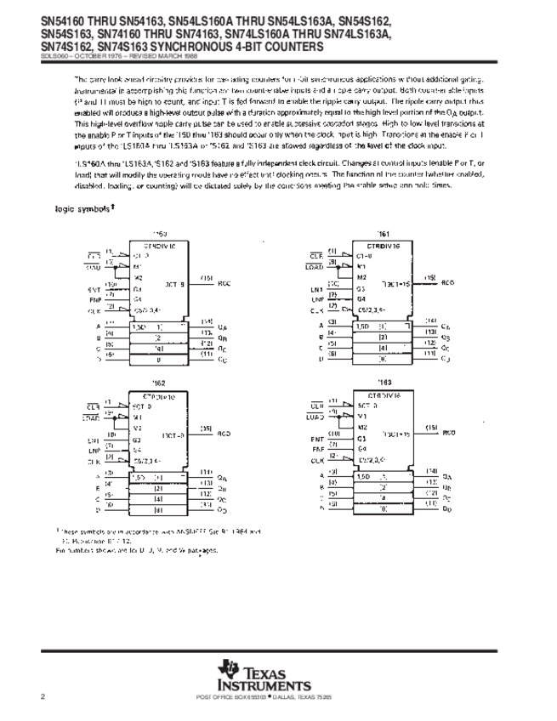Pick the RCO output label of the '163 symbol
pos(449,432)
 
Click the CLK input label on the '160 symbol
pos(94,312)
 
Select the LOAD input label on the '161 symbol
pos(315,267)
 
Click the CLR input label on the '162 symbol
pos(94,403)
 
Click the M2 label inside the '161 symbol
pos(361,277)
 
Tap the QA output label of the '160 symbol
pos(223,326)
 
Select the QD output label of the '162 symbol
pos(223,510)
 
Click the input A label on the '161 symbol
pos(321,326)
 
